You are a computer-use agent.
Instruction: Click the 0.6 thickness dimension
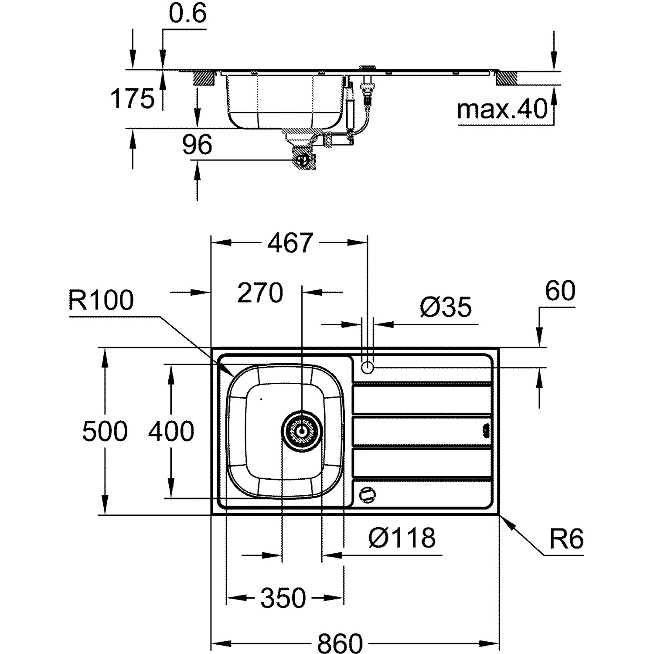pyautogui.click(x=187, y=15)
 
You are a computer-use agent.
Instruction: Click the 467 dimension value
pyautogui.click(x=290, y=243)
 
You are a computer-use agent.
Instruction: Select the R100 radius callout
pyautogui.click(x=101, y=300)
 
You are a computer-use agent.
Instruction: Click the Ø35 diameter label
pyautogui.click(x=446, y=307)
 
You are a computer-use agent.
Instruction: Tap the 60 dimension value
pyautogui.click(x=560, y=291)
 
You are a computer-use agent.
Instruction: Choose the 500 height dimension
pyautogui.click(x=105, y=431)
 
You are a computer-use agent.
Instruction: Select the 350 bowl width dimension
pyautogui.click(x=283, y=598)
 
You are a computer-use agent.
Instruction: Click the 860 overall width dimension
pyautogui.click(x=340, y=643)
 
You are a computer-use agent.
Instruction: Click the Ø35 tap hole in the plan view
pyautogui.click(x=368, y=368)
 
